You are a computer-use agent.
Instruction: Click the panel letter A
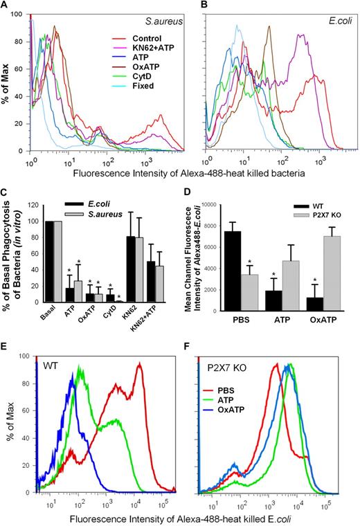(6, 6)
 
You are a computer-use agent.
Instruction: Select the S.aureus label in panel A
(160, 23)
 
